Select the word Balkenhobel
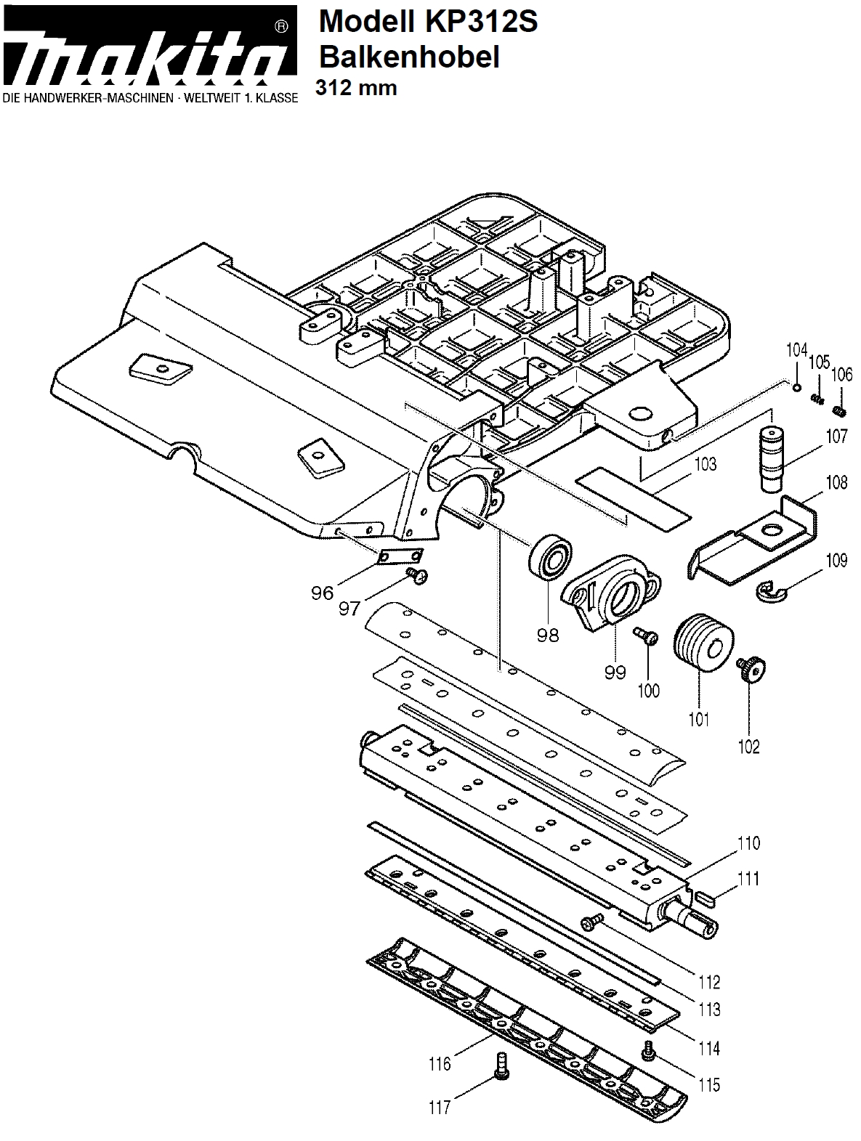[409, 57]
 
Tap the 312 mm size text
[356, 88]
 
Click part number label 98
[548, 635]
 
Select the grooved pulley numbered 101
[703, 643]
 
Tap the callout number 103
[705, 463]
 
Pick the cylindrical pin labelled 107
[772, 458]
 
